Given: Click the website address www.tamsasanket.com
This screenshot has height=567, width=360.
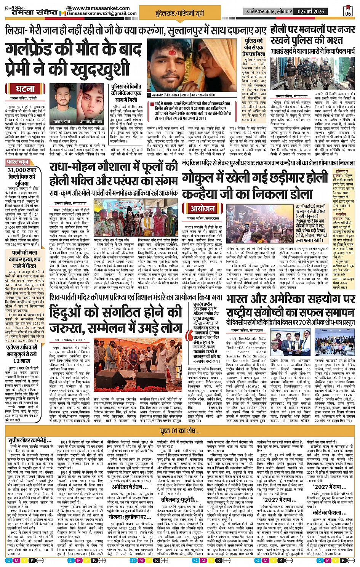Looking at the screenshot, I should pyautogui.click(x=101, y=8).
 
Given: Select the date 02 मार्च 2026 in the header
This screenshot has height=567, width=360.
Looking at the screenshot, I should pyautogui.click(x=311, y=11).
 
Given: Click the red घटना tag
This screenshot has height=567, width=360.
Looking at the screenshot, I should pyautogui.click(x=25, y=89).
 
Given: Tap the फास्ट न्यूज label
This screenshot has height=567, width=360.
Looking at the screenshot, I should pyautogui.click(x=18, y=162).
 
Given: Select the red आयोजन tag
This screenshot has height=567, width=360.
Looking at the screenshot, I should pyautogui.click(x=202, y=208).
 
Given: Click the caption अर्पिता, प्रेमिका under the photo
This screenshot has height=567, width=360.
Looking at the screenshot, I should pyautogui.click(x=91, y=121).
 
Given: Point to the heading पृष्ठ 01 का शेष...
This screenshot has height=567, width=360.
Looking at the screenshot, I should pyautogui.click(x=180, y=431).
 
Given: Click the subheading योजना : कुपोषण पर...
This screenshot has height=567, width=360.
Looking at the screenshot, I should pyautogui.click(x=130, y=517).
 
